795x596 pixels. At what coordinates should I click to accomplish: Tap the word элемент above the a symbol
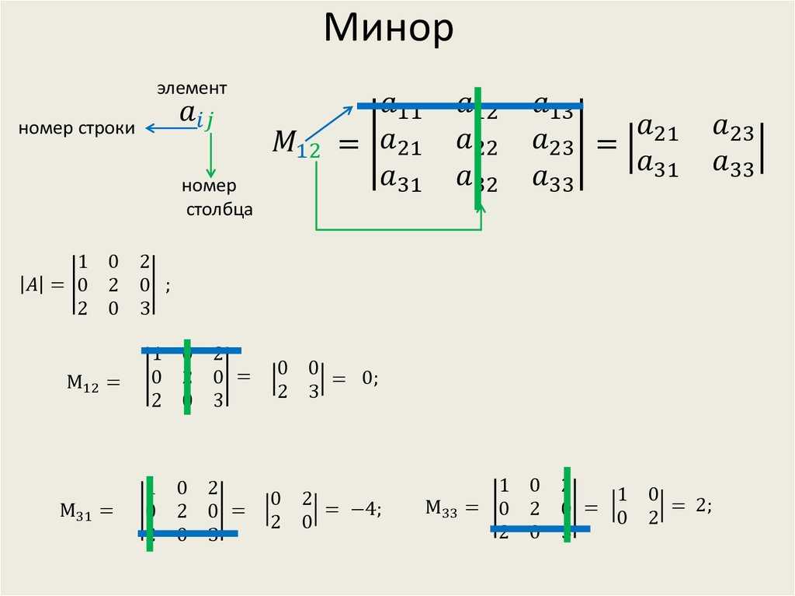pyautogui.click(x=193, y=88)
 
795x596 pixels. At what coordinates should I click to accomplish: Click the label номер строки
pyautogui.click(x=77, y=128)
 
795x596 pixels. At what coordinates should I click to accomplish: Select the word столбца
pyautogui.click(x=220, y=210)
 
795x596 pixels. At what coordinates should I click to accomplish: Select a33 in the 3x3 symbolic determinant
pyautogui.click(x=553, y=180)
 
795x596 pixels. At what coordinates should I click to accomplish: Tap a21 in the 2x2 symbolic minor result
pyautogui.click(x=657, y=132)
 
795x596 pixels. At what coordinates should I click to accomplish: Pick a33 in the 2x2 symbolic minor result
pyautogui.click(x=734, y=166)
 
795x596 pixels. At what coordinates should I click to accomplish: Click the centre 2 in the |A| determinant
pyautogui.click(x=113, y=285)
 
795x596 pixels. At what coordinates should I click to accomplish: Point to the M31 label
pyautogui.click(x=76, y=511)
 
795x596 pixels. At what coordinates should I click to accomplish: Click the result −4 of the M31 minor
pyautogui.click(x=363, y=510)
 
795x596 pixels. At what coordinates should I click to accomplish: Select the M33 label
pyautogui.click(x=441, y=508)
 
